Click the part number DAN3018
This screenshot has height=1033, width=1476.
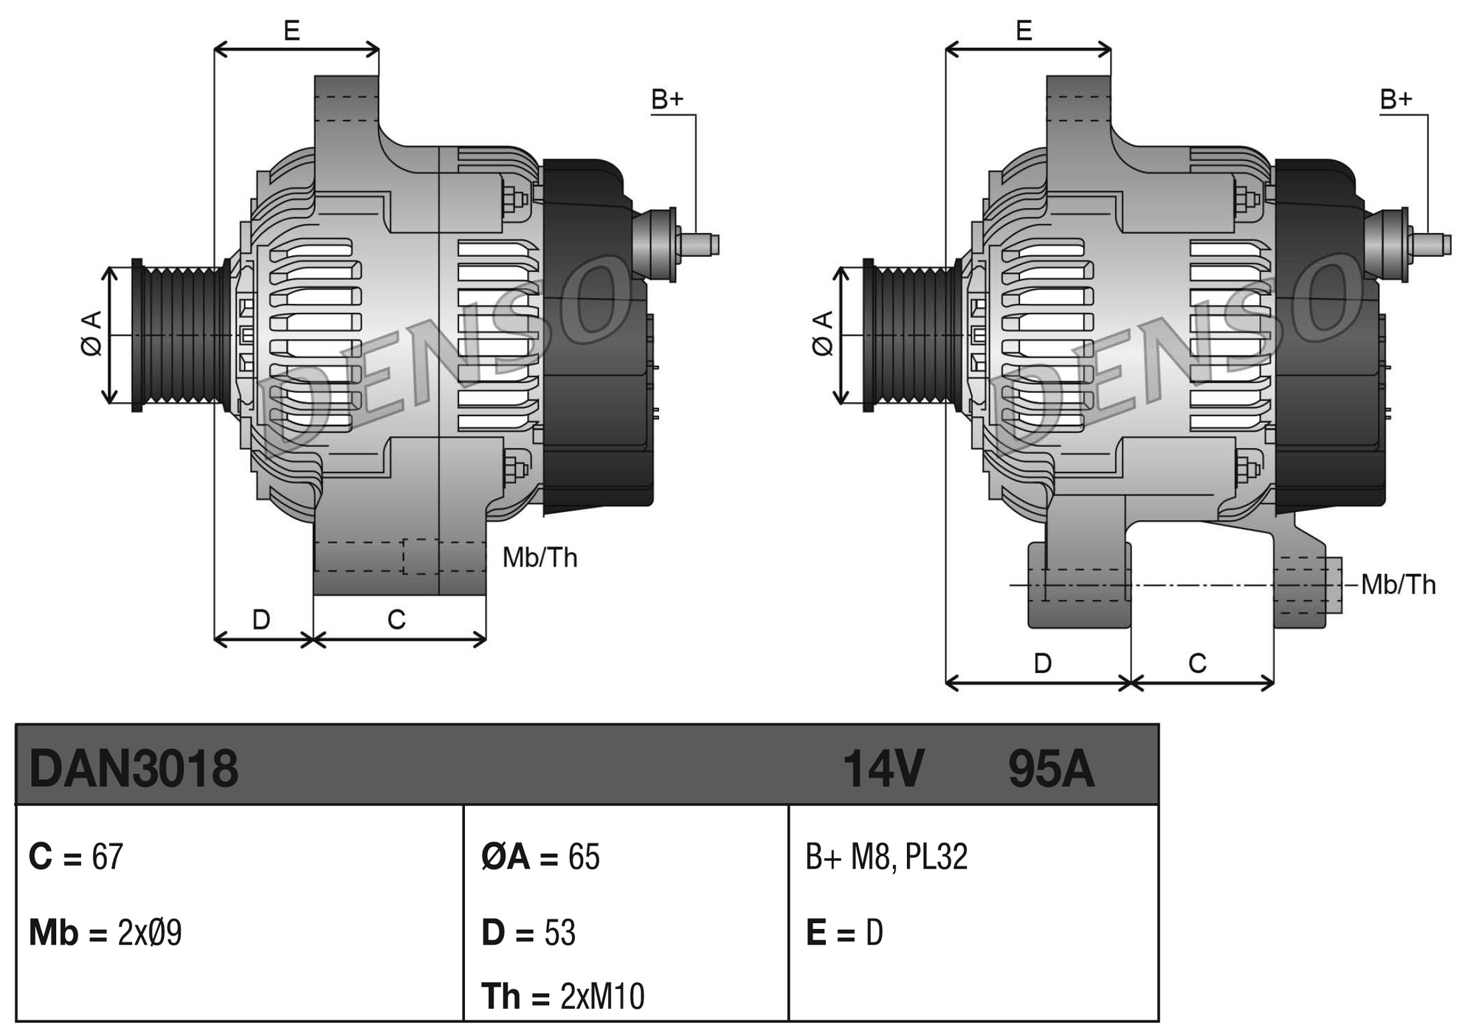coord(134,769)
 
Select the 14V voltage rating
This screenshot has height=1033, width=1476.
coord(883,769)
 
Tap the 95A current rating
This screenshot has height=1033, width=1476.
coord(1050,769)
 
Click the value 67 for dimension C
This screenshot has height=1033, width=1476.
coord(107,857)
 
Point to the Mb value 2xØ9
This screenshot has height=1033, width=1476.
coord(149,933)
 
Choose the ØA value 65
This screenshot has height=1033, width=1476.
coord(584,857)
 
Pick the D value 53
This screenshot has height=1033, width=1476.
coord(559,933)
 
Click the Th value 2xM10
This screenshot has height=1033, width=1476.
coord(602,997)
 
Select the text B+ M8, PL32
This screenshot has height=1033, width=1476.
coord(886,857)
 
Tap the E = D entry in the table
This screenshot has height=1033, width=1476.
coord(844,933)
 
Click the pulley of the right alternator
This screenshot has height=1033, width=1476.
coord(912,335)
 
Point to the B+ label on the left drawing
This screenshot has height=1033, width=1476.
coord(667,100)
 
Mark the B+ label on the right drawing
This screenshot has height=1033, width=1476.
coord(1396,100)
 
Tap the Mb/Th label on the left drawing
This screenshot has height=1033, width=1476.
coord(539,558)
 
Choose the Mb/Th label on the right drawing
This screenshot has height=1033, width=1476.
coord(1399,585)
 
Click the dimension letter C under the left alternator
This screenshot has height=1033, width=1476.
coord(396,620)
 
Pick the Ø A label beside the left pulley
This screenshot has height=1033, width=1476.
coord(92,334)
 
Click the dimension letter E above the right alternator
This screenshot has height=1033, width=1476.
coord(1024,31)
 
